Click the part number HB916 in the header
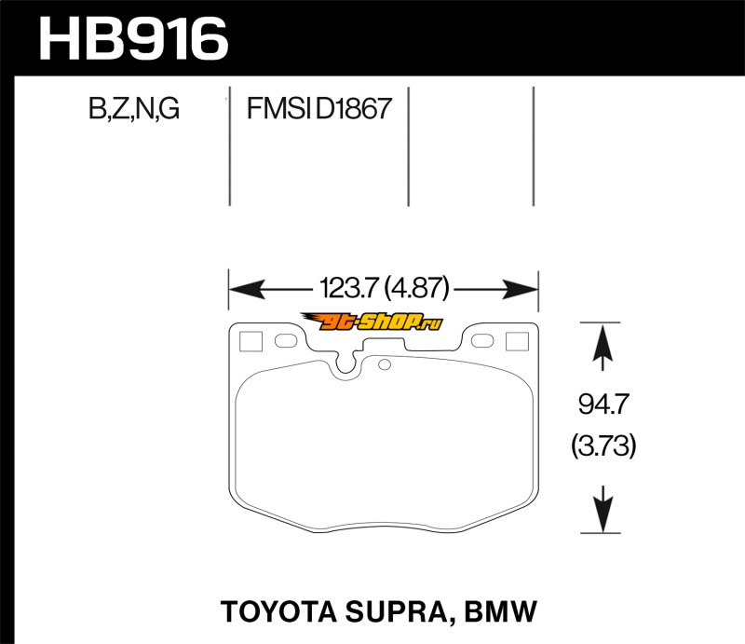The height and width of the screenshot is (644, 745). coord(132,39)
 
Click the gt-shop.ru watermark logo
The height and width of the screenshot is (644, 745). coord(384,323)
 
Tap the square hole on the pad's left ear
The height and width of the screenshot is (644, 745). coord(250,341)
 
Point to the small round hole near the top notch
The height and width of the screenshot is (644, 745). coord(382,364)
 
